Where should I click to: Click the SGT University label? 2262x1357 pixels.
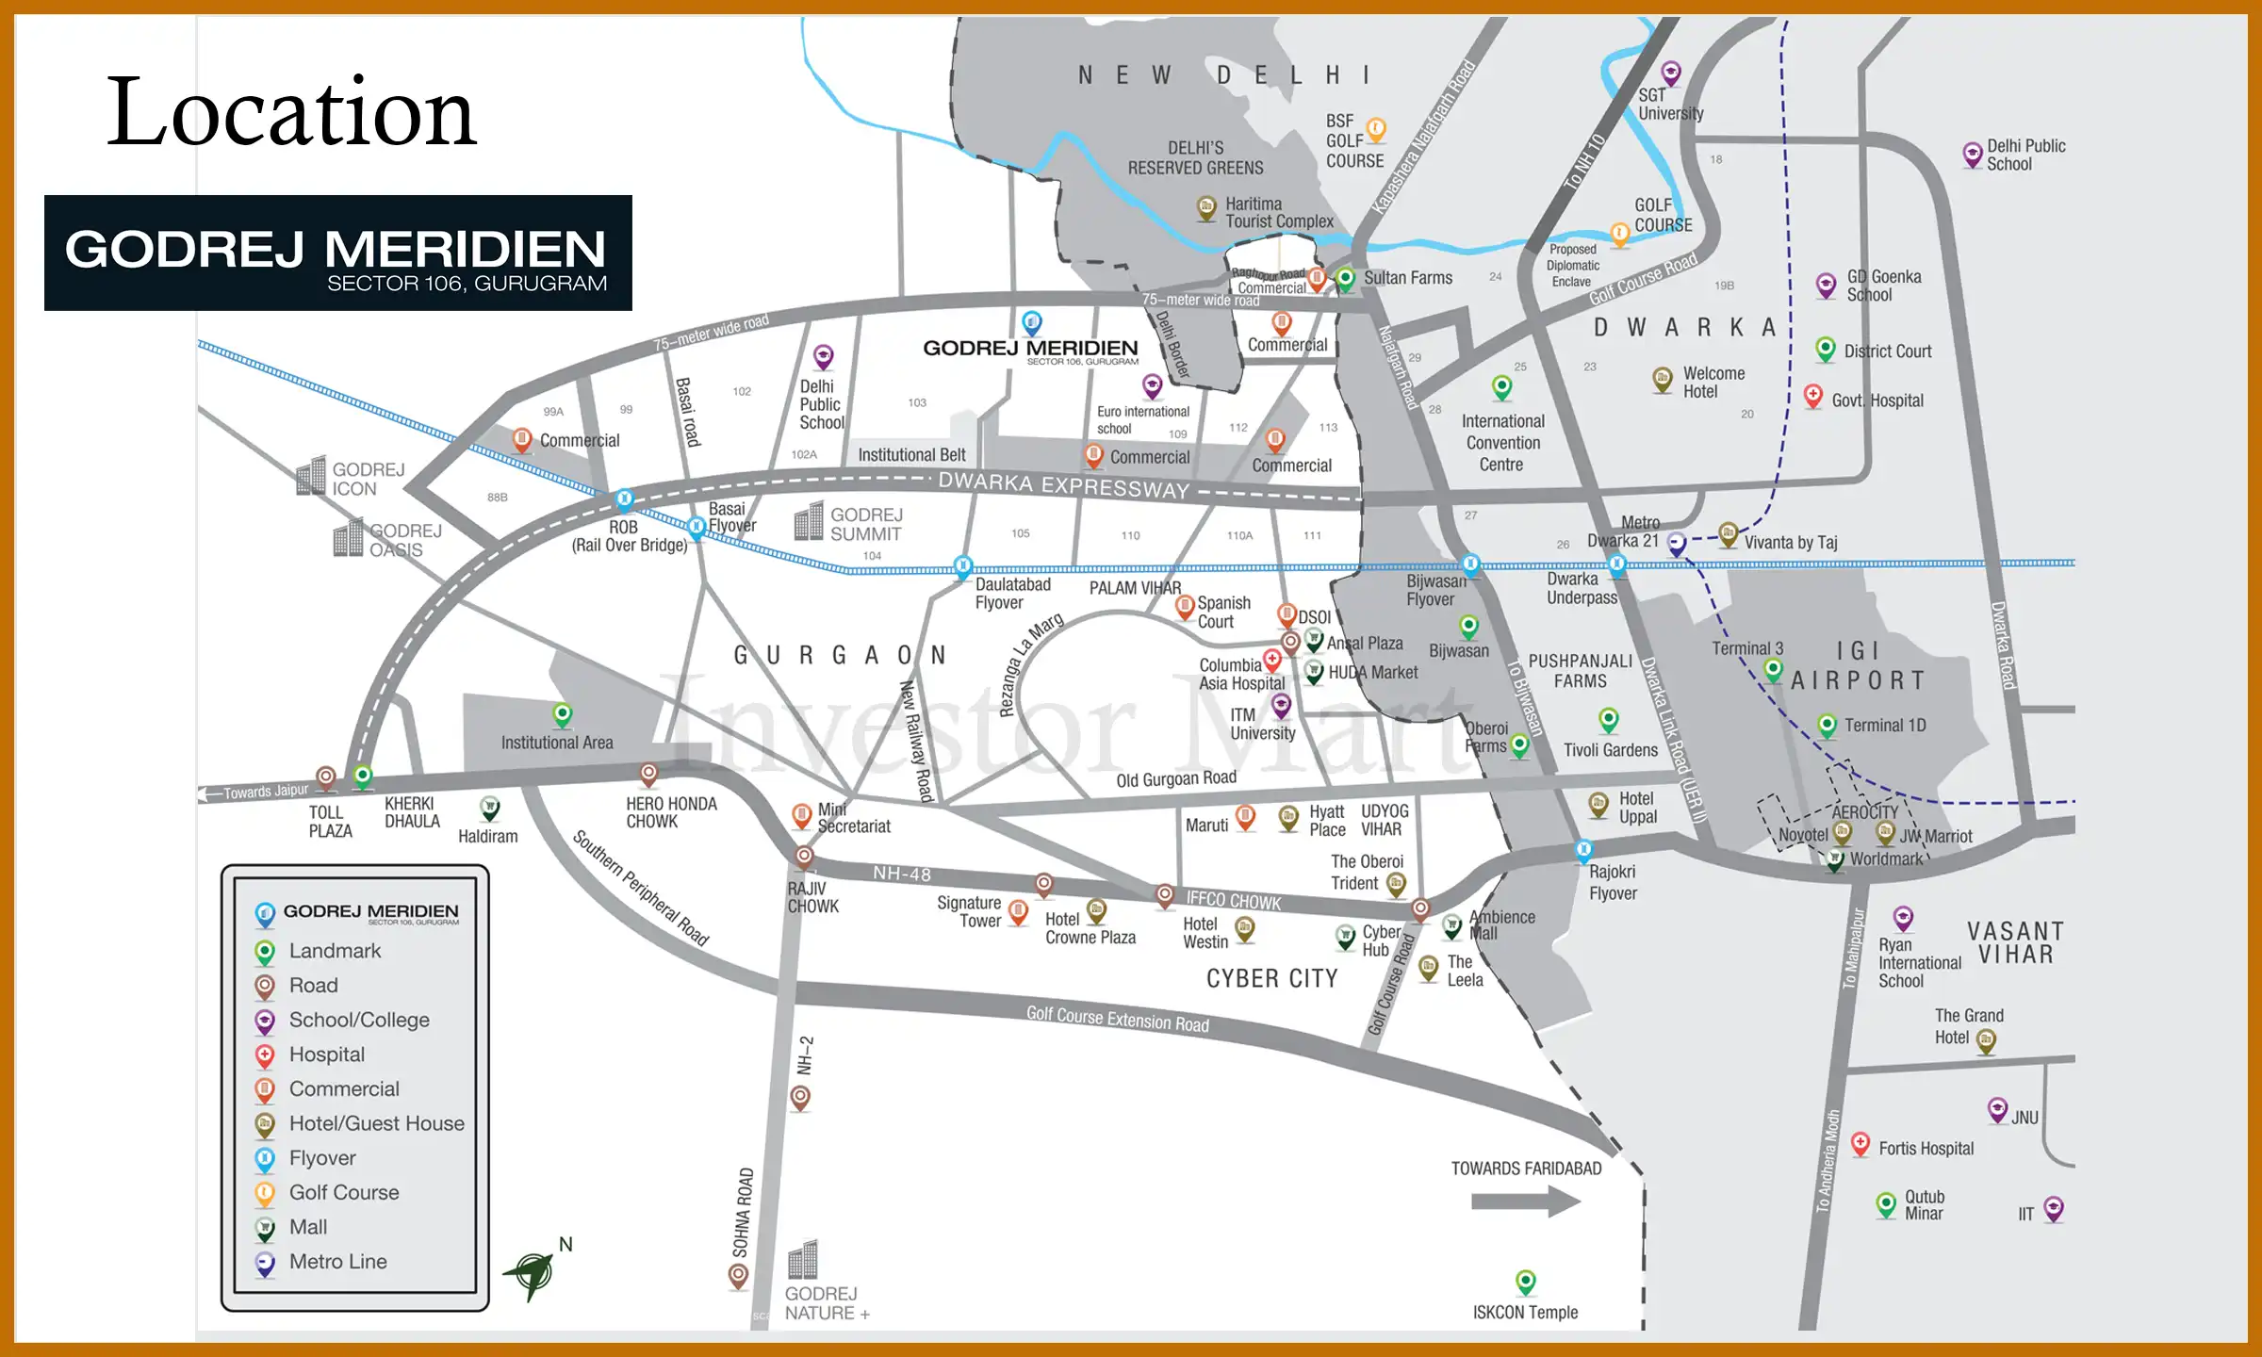pyautogui.click(x=1670, y=105)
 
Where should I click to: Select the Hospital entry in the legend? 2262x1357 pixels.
pyautogui.click(x=326, y=1055)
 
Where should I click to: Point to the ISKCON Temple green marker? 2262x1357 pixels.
pyautogui.click(x=1526, y=1281)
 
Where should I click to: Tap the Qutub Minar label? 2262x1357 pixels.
pyautogui.click(x=1924, y=1205)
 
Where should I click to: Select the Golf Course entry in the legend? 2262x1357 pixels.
pyautogui.click(x=344, y=1193)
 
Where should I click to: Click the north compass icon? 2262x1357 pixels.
pyautogui.click(x=534, y=1273)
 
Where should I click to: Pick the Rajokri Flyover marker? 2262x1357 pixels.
pyautogui.click(x=1583, y=850)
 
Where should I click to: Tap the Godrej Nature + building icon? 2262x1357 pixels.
pyautogui.click(x=803, y=1259)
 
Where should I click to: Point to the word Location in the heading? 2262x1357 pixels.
pyautogui.click(x=291, y=112)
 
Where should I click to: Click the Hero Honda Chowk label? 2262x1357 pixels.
pyautogui.click(x=671, y=812)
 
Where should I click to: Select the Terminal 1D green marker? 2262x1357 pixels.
pyautogui.click(x=1827, y=725)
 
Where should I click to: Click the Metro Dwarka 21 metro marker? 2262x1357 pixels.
pyautogui.click(x=1676, y=543)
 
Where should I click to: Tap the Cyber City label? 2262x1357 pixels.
pyautogui.click(x=1271, y=979)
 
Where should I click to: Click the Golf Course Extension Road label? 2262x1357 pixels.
pyautogui.click(x=1117, y=1019)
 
